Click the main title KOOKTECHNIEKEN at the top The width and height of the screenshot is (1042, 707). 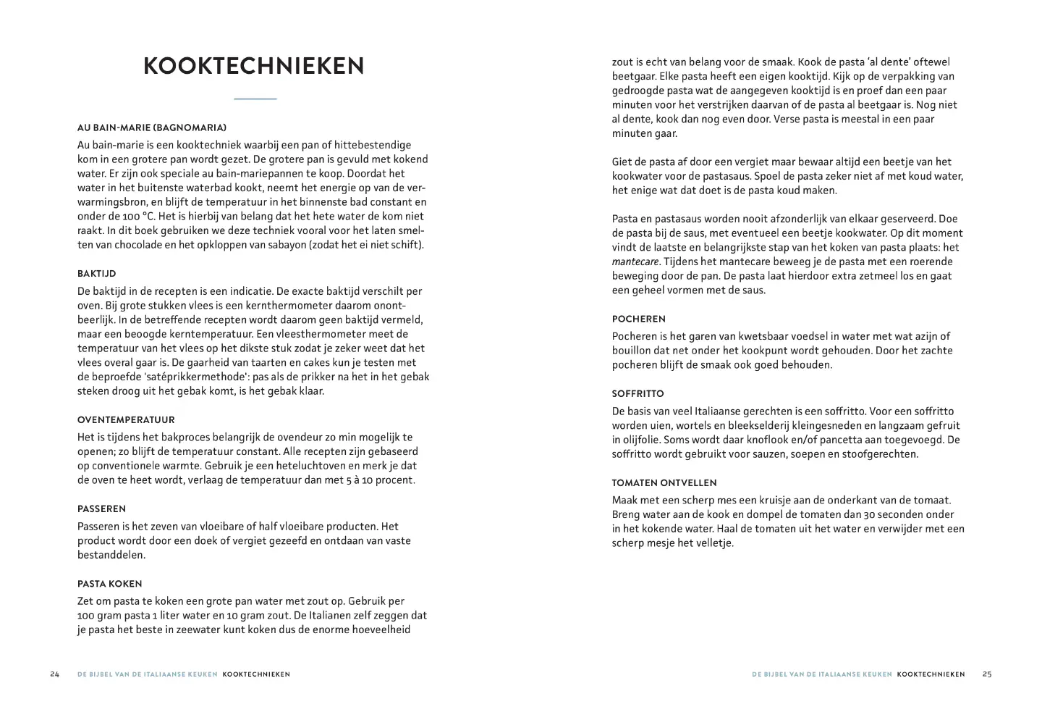254,66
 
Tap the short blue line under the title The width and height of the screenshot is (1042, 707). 255,99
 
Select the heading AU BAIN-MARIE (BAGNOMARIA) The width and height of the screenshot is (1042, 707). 151,127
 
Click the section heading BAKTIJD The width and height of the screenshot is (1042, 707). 96,274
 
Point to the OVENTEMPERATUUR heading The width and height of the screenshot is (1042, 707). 126,420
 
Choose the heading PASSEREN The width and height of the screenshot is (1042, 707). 101,509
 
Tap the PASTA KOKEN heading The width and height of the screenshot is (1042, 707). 109,584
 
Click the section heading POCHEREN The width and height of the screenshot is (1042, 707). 638,319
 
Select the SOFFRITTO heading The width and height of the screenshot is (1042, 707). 638,394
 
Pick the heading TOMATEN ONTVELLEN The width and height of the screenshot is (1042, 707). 664,483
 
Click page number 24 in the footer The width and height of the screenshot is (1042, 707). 55,674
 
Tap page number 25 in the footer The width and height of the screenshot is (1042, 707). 987,674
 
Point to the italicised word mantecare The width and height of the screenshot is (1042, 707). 635,262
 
